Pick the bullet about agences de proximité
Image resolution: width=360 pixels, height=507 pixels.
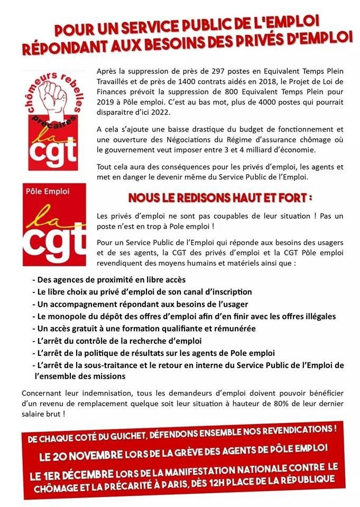109,279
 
